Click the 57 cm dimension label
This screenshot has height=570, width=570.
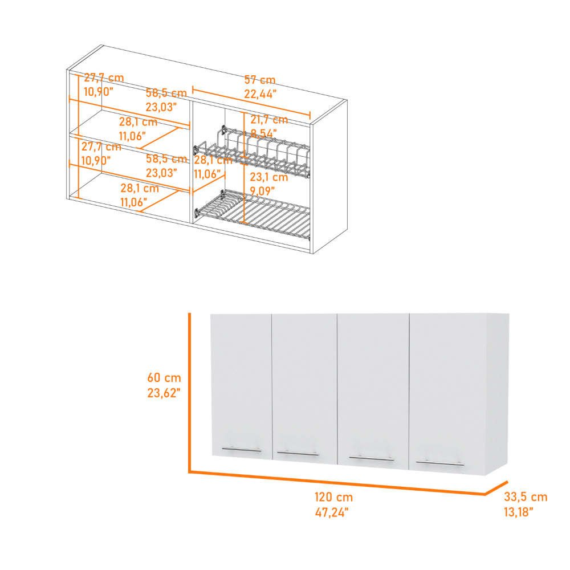260,80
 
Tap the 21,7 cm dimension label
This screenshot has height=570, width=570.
269,120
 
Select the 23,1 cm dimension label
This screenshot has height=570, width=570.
268,177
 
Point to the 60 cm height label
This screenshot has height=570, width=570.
164,377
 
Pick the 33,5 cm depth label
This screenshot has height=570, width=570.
525,496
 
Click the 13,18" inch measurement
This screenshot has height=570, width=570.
519,512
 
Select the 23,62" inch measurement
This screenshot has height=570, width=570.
164,392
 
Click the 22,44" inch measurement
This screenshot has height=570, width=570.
260,93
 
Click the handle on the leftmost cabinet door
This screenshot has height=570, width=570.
242,450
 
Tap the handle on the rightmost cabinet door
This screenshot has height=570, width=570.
439,463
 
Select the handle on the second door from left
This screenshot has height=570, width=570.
298,454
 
